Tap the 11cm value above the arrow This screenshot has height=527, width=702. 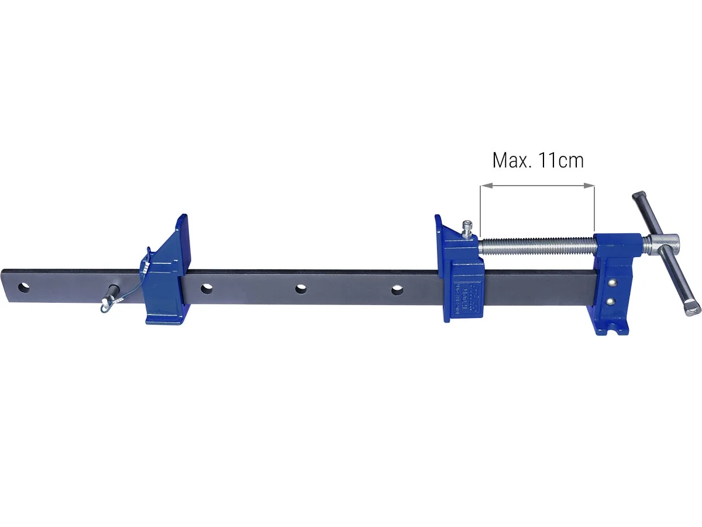(561, 160)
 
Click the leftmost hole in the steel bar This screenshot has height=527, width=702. (24, 288)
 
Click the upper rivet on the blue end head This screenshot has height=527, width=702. (611, 283)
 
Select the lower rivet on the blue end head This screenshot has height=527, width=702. (611, 301)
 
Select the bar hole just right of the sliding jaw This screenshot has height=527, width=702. (206, 288)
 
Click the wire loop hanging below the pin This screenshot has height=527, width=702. (104, 303)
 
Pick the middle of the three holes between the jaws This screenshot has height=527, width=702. (301, 289)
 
